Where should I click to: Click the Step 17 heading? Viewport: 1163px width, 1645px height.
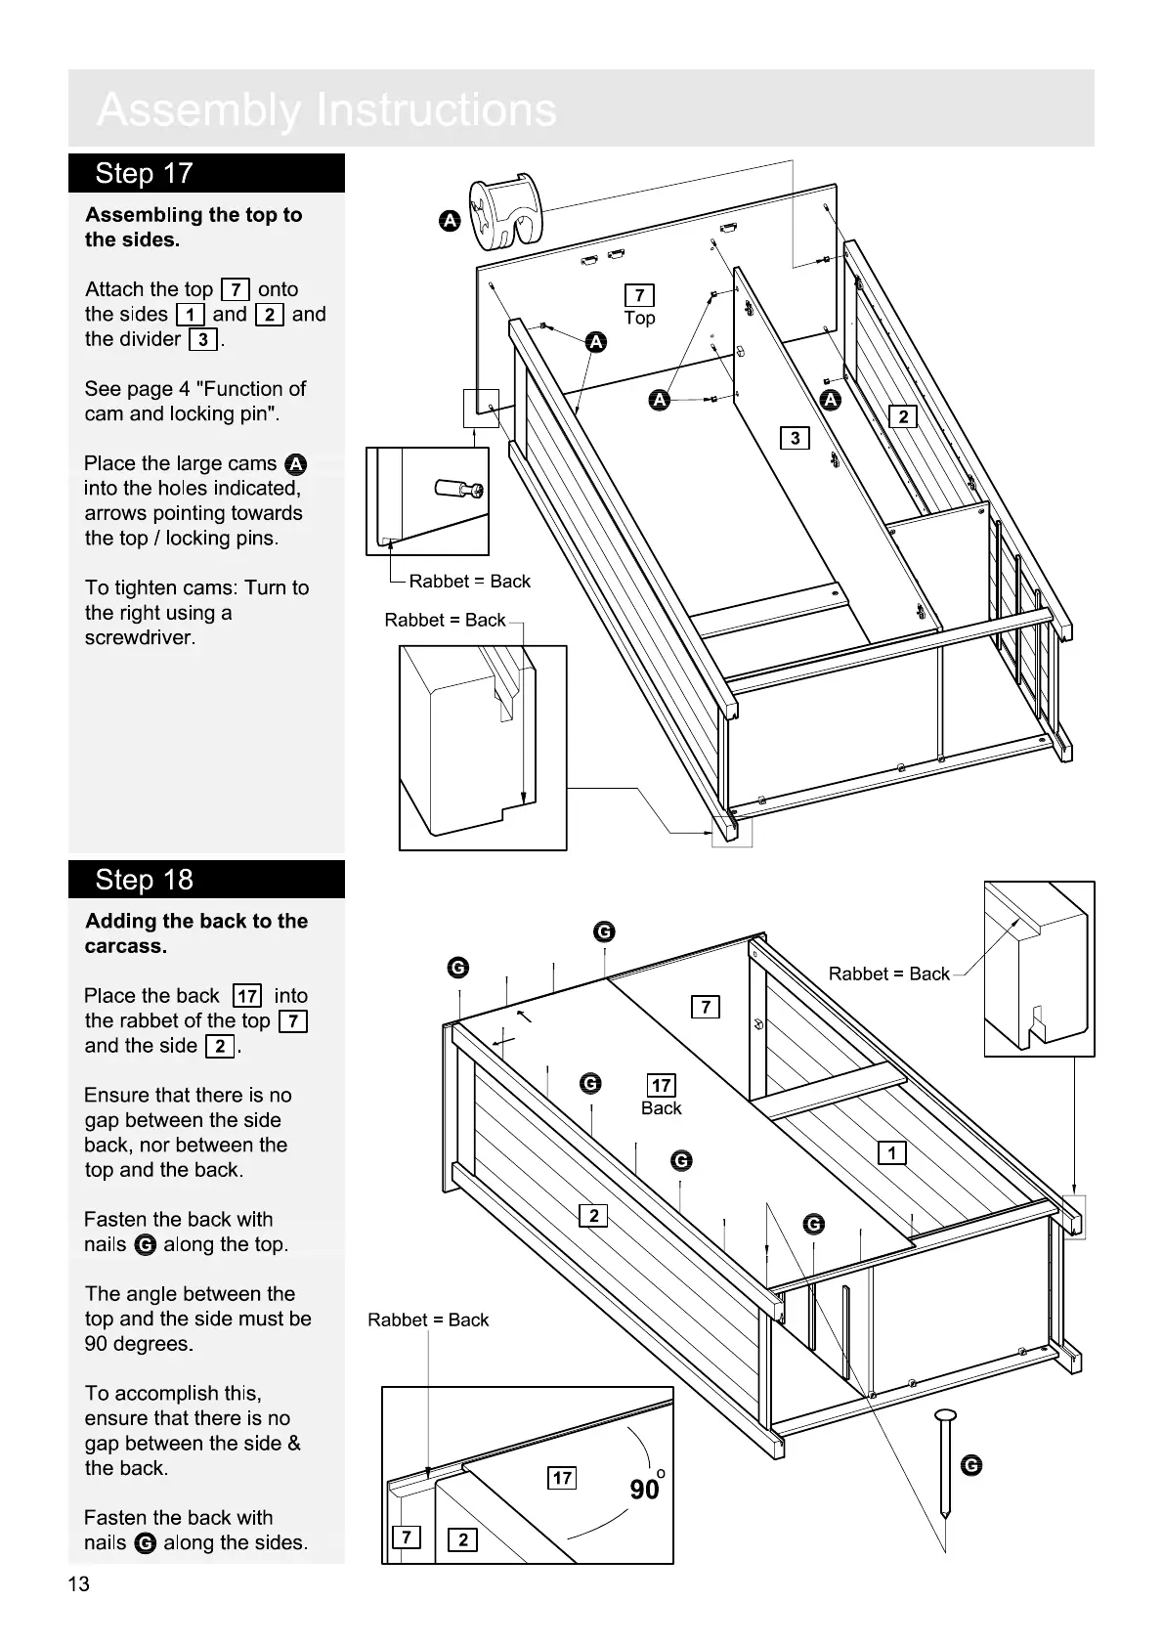click(x=144, y=174)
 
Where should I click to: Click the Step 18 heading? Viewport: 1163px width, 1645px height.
click(x=144, y=880)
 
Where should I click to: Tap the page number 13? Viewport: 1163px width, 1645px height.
click(x=78, y=1584)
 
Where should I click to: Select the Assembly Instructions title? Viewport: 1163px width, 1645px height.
click(x=326, y=109)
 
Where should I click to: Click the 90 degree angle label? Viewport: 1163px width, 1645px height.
click(x=647, y=1489)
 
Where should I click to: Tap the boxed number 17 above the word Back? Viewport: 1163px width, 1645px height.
click(x=662, y=1085)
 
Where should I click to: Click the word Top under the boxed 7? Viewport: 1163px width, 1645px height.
click(x=639, y=318)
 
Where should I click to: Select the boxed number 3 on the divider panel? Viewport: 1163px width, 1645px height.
click(x=795, y=438)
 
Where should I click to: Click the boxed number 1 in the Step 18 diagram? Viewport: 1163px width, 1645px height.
click(x=891, y=1153)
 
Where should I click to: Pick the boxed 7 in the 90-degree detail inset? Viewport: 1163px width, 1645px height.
click(x=406, y=1537)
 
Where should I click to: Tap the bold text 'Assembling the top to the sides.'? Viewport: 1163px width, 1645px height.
click(x=194, y=227)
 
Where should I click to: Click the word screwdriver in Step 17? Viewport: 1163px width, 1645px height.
click(x=140, y=638)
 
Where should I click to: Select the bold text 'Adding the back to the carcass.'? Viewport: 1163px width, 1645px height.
click(x=195, y=933)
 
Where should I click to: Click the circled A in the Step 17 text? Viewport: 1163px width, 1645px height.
click(x=296, y=464)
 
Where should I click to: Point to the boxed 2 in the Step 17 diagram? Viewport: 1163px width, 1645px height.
click(x=903, y=417)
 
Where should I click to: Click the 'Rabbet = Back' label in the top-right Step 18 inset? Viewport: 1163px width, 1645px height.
click(x=888, y=974)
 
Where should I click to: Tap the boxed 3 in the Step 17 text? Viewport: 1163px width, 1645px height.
click(x=202, y=339)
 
